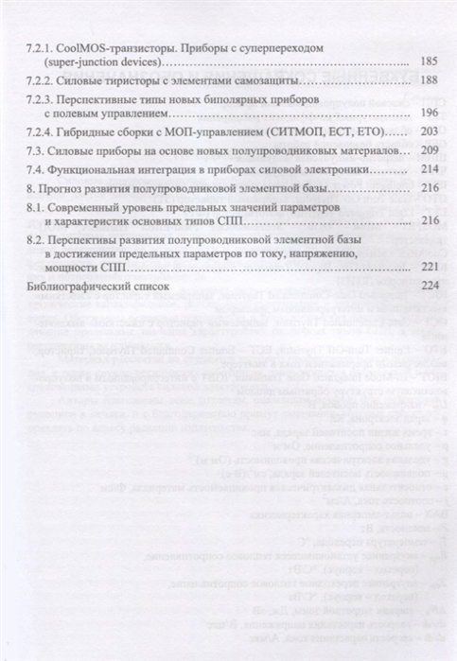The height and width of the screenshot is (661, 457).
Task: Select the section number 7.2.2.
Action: click(41, 80)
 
